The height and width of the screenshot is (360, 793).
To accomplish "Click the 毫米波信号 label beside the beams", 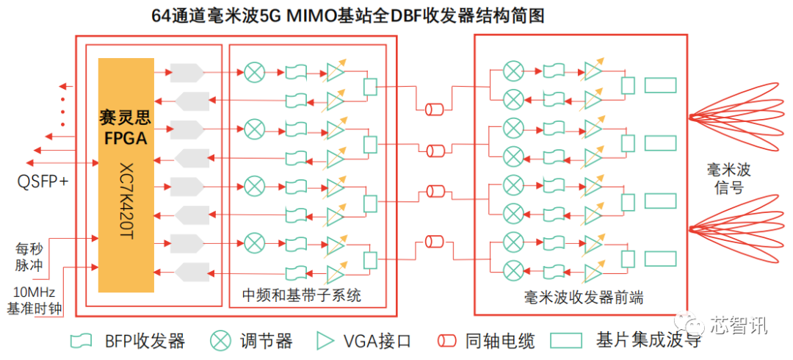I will pos(728,179).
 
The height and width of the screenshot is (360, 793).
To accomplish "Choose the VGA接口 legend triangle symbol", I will pos(324,340).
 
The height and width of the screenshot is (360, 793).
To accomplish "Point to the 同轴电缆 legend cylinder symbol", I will pos(447,341).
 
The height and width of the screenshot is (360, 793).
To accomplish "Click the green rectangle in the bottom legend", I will pos(571,340).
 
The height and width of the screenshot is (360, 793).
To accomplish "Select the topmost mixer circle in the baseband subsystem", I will pos(254,72).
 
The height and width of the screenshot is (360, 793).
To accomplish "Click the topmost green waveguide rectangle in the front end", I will pos(660,85).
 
